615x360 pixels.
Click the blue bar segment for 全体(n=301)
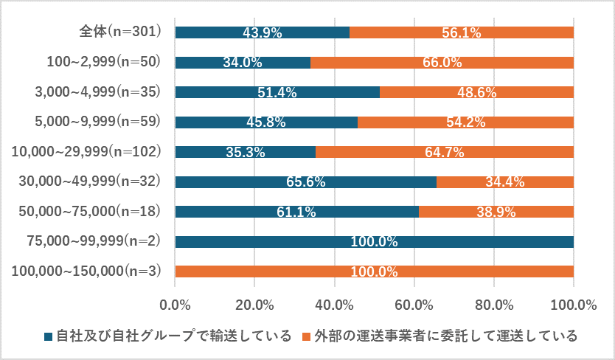pos(262,32)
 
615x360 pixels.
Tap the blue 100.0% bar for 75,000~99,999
pos(374,241)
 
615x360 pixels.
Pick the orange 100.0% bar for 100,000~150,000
pos(374,271)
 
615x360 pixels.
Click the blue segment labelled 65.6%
pos(305,181)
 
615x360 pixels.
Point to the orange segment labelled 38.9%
pos(496,212)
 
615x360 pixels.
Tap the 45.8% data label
pos(267,122)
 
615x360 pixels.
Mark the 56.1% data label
pos(461,32)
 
